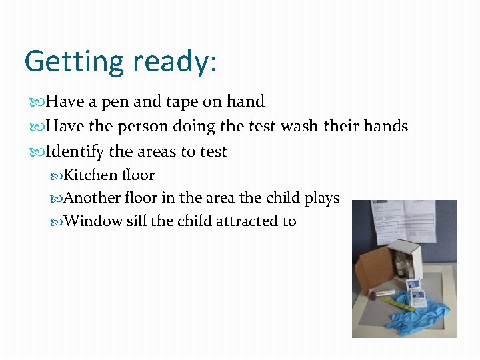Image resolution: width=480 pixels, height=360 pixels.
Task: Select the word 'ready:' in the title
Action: [175, 62]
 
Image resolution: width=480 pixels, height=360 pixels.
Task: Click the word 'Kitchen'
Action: [91, 175]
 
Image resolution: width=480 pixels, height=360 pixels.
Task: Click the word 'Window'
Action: [94, 221]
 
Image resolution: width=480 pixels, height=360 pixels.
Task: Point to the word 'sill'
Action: [136, 221]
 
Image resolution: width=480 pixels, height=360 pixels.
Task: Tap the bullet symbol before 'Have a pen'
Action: [37, 102]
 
